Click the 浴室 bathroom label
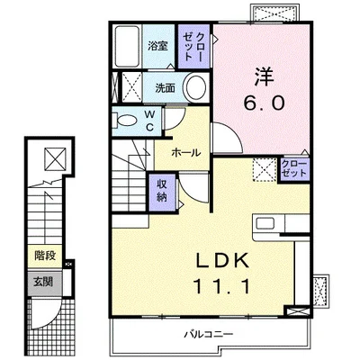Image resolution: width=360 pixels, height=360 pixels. [157, 46]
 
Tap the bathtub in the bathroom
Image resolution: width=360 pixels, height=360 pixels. [127, 46]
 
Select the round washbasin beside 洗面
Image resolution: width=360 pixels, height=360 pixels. [196, 87]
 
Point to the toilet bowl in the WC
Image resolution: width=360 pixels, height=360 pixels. [127, 121]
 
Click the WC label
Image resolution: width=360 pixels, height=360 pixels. [150, 121]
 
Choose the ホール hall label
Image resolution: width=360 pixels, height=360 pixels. [186, 153]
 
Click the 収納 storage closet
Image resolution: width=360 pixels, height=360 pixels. [162, 192]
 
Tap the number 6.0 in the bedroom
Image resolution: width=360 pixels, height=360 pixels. [264, 103]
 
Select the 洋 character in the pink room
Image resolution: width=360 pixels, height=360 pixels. [265, 77]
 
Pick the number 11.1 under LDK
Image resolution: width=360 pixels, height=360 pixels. [222, 286]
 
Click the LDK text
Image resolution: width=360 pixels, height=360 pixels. [222, 261]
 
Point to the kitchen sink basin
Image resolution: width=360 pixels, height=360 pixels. [265, 224]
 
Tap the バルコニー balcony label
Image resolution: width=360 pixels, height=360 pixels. [209, 334]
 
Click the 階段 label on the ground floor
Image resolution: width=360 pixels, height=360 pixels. [45, 256]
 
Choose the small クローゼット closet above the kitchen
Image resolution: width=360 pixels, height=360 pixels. [294, 168]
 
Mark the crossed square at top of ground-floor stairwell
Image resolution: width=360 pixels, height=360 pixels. [56, 158]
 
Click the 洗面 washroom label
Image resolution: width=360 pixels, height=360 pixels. [165, 88]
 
